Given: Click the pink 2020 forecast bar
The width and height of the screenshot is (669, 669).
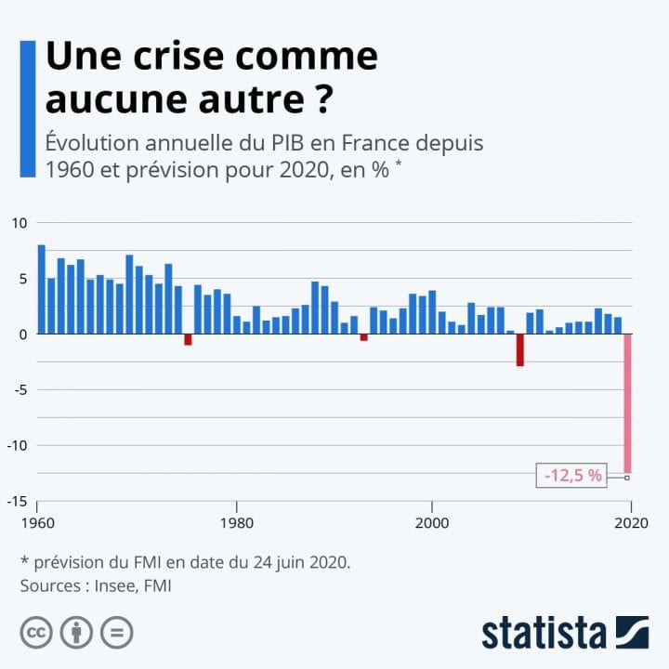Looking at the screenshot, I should point(627,400).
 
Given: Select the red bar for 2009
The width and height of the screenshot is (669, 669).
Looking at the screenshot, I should point(520,349).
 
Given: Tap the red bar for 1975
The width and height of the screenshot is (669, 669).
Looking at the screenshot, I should point(188,339).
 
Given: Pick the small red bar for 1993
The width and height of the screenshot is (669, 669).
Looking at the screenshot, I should point(364,337).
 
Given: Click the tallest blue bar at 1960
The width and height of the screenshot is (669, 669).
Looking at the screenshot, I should point(41,289).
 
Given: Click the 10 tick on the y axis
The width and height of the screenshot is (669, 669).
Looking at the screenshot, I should point(20,223).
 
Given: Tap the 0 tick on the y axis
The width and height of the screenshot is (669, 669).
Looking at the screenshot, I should point(23,334).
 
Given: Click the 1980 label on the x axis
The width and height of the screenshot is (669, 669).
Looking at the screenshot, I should point(236,523).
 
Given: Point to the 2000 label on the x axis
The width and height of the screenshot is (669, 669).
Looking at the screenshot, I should point(431,523).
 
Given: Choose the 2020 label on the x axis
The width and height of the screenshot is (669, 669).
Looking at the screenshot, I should point(631,523).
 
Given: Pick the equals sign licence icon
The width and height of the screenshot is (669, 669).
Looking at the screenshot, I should point(117,633).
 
